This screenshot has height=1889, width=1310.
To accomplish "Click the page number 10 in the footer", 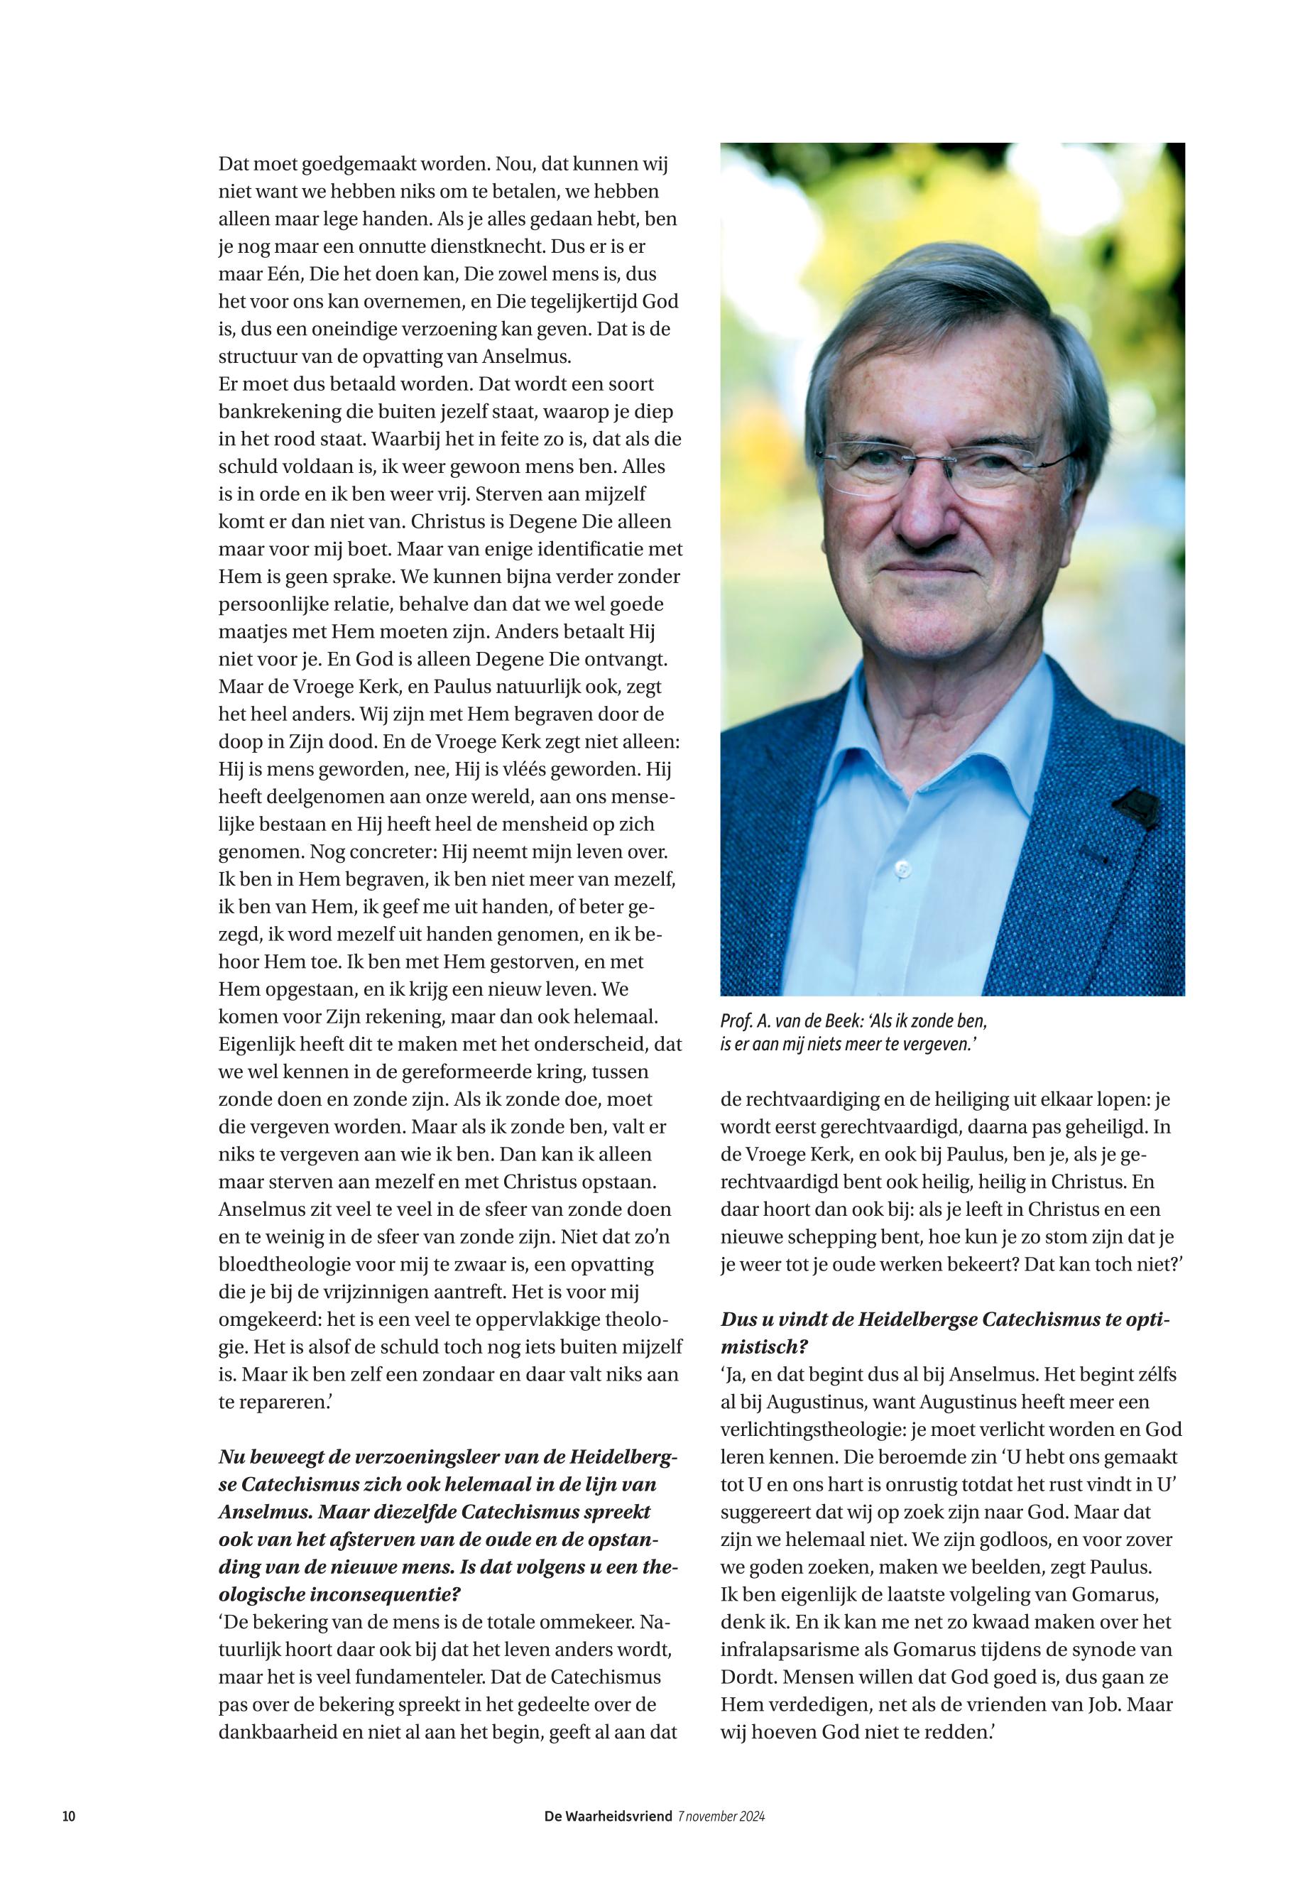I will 69,1816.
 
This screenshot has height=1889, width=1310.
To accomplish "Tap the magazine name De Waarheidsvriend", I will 608,1816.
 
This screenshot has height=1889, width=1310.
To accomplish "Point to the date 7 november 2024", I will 721,1816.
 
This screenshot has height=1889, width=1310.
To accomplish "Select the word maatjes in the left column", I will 252,632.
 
